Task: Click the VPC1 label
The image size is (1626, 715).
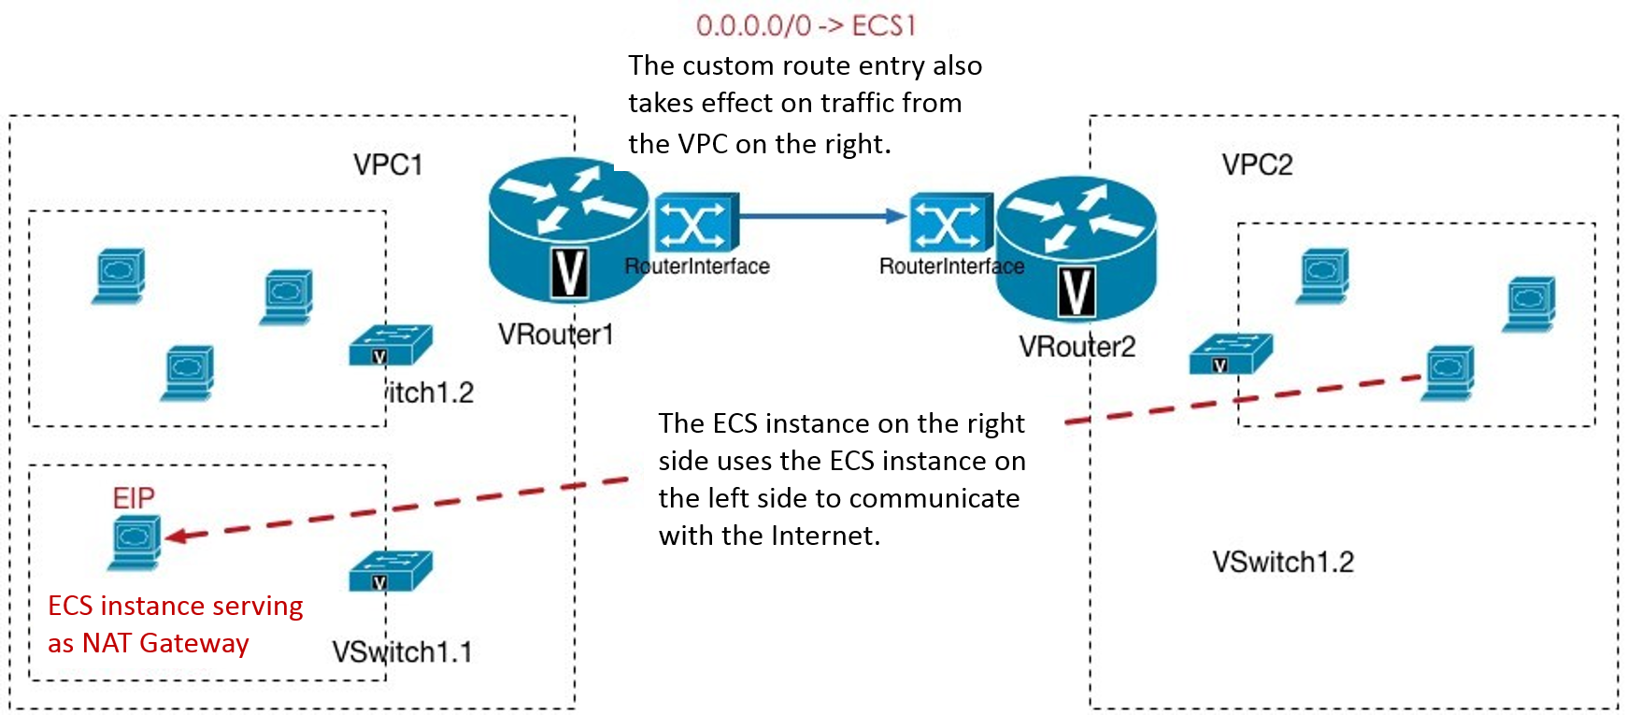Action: (x=388, y=165)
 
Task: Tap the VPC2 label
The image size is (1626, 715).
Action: (x=1257, y=165)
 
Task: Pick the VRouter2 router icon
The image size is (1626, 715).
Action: (x=1076, y=248)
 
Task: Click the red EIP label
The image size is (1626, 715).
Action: (x=134, y=498)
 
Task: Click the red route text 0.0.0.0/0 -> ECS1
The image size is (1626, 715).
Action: (x=806, y=25)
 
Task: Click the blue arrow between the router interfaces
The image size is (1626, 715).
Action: (x=822, y=217)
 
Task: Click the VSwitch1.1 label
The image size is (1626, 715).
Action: (x=402, y=651)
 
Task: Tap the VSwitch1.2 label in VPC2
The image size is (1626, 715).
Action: (x=1282, y=562)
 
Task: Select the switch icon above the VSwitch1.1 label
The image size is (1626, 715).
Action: (x=391, y=571)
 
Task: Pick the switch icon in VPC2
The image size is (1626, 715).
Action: (x=1230, y=354)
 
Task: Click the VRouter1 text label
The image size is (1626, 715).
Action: (x=555, y=335)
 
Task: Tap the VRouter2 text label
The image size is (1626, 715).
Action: (x=1077, y=347)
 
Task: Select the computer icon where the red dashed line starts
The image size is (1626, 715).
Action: (x=1448, y=373)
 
